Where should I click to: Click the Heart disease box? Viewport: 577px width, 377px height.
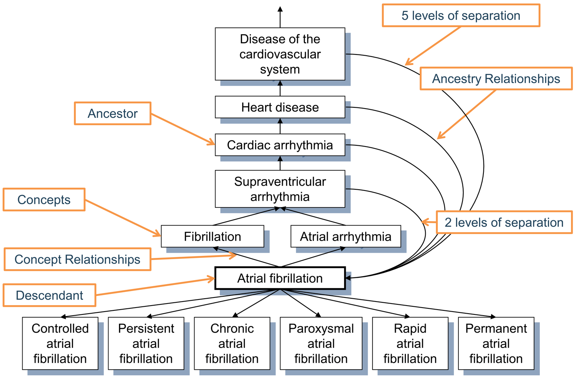[x=280, y=107]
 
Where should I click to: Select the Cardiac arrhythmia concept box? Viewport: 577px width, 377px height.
[x=280, y=145]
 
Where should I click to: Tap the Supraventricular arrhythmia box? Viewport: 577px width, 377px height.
[x=280, y=189]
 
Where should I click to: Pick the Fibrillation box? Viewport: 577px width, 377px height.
[x=213, y=236]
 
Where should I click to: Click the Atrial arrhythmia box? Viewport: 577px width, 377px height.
[x=346, y=236]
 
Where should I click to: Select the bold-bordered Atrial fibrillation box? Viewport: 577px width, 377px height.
[x=280, y=278]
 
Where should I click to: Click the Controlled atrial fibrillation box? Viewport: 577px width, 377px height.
[x=60, y=343]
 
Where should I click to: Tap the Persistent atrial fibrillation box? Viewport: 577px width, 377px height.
[x=146, y=343]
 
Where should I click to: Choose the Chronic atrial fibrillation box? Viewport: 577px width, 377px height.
[x=232, y=343]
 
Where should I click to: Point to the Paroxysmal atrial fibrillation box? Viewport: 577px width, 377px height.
[x=321, y=343]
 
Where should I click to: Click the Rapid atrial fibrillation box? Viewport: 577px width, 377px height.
[x=410, y=343]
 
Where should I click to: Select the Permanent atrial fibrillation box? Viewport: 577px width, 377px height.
[x=496, y=343]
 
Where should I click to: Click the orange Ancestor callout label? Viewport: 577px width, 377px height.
[x=113, y=113]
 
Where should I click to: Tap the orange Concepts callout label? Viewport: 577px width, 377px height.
[x=44, y=200]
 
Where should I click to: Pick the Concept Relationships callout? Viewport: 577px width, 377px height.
[x=77, y=259]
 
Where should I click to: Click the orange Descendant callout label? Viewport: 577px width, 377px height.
[x=49, y=295]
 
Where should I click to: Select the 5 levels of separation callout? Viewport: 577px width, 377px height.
[x=461, y=15]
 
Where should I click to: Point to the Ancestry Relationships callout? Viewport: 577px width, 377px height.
[x=496, y=79]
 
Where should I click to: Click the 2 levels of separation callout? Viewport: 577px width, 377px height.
[x=504, y=222]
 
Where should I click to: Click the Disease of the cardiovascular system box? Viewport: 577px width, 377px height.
[x=280, y=54]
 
